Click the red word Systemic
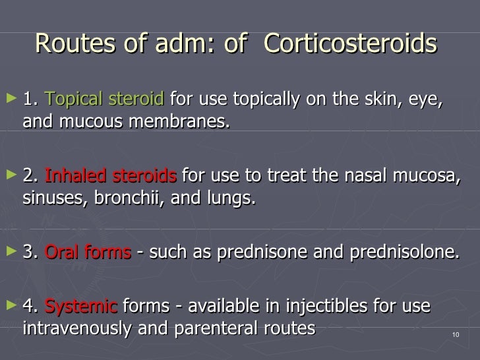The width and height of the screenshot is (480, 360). [81, 307]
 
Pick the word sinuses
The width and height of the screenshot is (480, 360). [50, 198]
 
